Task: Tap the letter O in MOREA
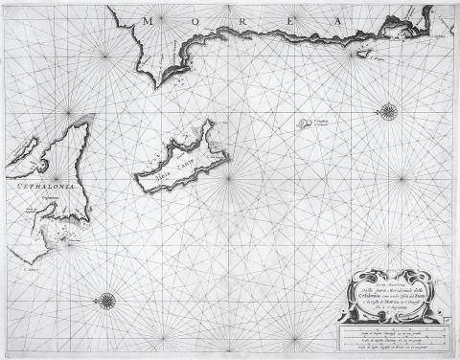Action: pyautogui.click(x=192, y=18)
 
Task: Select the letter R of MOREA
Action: pyautogui.click(x=235, y=18)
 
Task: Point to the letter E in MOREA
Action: pyautogui.click(x=280, y=18)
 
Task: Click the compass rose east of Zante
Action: pyautogui.click(x=388, y=113)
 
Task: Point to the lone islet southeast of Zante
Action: pyautogui.click(x=293, y=124)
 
